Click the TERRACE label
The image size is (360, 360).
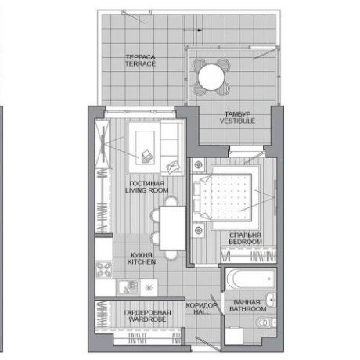click(140, 63)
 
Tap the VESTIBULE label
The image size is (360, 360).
click(237, 121)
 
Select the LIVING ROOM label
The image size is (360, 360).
click(147, 190)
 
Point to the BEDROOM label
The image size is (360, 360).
click(245, 242)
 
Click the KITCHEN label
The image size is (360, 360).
click(142, 261)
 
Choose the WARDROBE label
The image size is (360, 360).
click(147, 319)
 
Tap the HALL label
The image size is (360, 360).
click(201, 311)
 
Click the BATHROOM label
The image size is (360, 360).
click(248, 309)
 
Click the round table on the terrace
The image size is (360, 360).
click(211, 77)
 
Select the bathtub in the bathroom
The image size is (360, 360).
click(251, 279)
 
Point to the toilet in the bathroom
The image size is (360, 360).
click(265, 322)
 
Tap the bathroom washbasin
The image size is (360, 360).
click(272, 300)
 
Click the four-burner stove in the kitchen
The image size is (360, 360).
click(104, 269)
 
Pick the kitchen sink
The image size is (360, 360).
click(128, 287)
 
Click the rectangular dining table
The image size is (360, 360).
click(172, 229)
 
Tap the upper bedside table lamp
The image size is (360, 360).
click(199, 164)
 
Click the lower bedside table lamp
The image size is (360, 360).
click(199, 230)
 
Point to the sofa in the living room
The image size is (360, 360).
click(171, 148)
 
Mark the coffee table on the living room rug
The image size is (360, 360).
click(145, 148)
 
